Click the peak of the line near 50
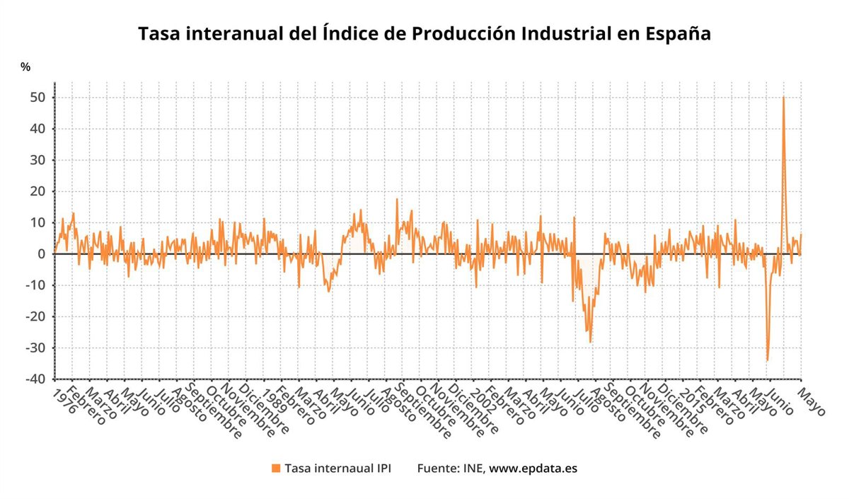(783, 98)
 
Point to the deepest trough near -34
(767, 360)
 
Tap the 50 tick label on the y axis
(40, 98)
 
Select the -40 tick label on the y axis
(37, 379)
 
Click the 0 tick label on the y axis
(44, 254)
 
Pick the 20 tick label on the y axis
(40, 192)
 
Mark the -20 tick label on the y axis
(37, 317)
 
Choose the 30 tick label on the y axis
(40, 160)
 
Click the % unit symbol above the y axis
(25, 67)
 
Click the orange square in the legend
(276, 469)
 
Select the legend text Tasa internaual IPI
(337, 469)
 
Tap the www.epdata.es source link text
(533, 469)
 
